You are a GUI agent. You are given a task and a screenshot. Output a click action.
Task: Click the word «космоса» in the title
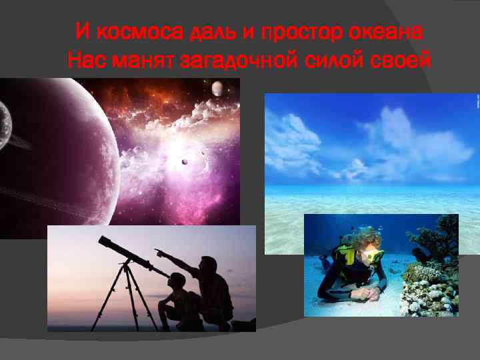pyautogui.click(x=124, y=32)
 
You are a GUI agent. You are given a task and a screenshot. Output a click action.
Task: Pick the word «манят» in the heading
pyautogui.click(x=139, y=62)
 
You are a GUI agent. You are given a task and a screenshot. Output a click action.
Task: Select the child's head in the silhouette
pyautogui.click(x=179, y=281)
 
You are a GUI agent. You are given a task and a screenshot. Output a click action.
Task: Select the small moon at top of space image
pyautogui.click(x=217, y=88)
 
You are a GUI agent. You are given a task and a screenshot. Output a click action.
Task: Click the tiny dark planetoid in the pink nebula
pyautogui.click(x=185, y=161)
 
